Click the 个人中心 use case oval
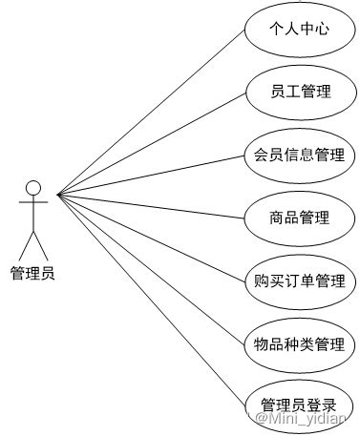point(300,30)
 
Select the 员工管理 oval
point(300,92)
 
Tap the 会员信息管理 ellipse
point(300,155)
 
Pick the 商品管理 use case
point(300,218)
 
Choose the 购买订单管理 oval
point(300,280)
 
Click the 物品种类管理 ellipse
point(300,343)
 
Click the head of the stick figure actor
point(33,186)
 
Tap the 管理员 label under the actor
point(32,274)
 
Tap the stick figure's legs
point(33,242)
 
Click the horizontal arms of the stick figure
point(33,203)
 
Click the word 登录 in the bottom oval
point(323,403)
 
